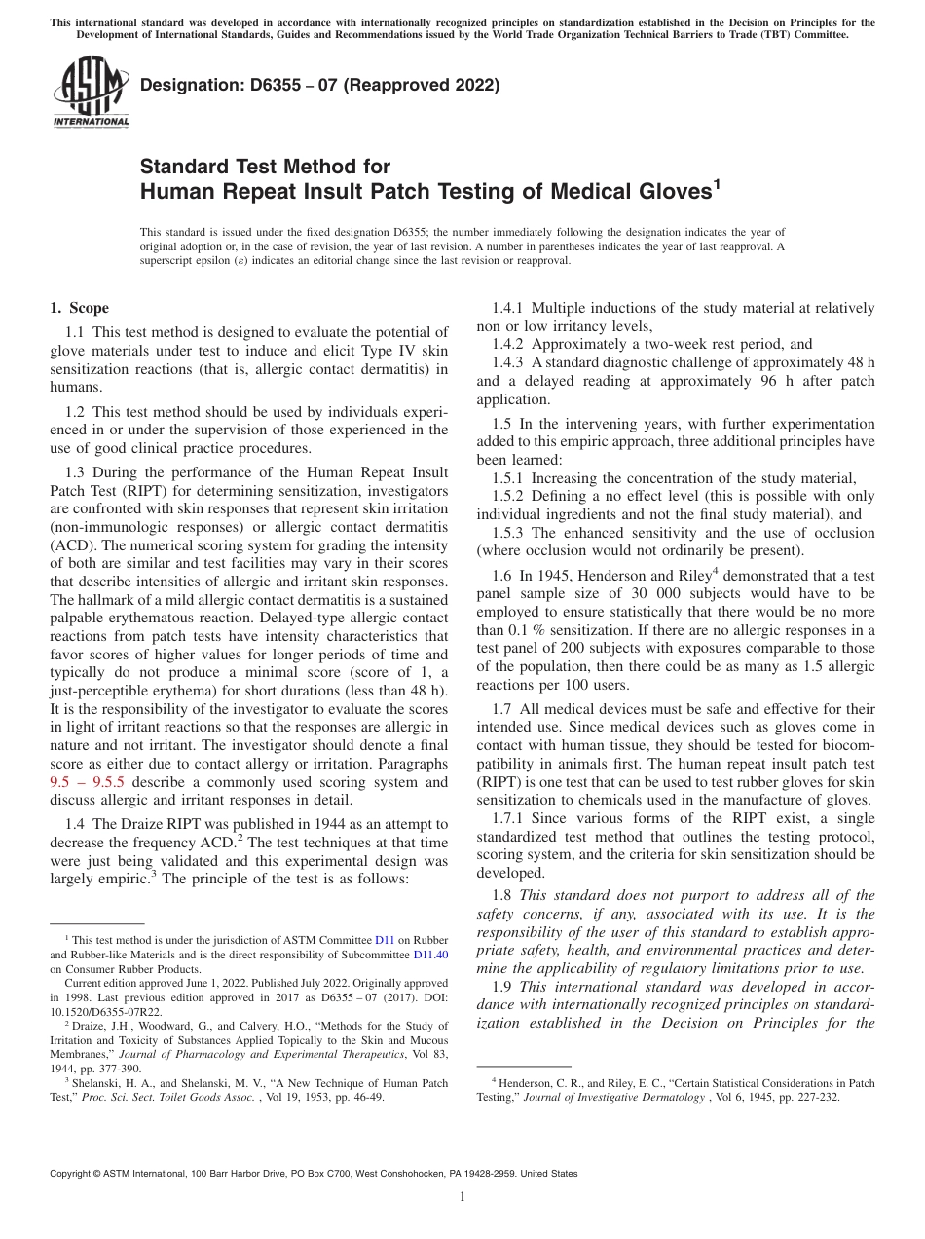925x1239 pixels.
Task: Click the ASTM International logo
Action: pyautogui.click(x=90, y=91)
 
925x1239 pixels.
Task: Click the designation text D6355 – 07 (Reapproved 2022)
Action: pyautogui.click(x=320, y=85)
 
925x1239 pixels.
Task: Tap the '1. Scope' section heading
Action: pyautogui.click(x=79, y=308)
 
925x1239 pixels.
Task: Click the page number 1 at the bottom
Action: pyautogui.click(x=462, y=1197)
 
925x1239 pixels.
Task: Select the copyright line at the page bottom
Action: pyautogui.click(x=314, y=1174)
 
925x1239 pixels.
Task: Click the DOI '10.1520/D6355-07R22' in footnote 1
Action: pyautogui.click(x=100, y=1011)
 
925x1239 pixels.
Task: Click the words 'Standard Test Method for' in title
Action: pyautogui.click(x=265, y=167)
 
